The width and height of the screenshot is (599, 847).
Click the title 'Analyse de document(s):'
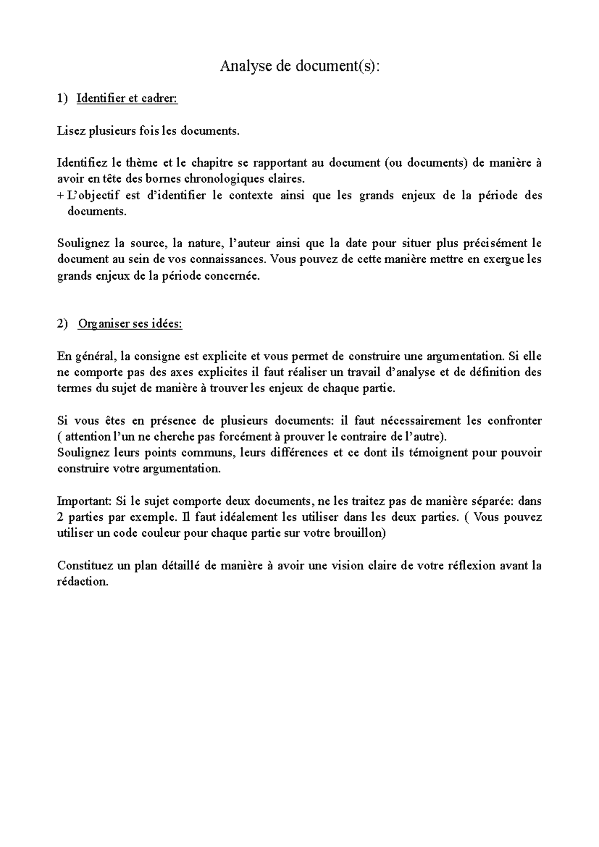pyautogui.click(x=299, y=66)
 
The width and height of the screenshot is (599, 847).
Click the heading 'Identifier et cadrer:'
pyautogui.click(x=127, y=98)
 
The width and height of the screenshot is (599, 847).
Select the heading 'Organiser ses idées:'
pyautogui.click(x=130, y=324)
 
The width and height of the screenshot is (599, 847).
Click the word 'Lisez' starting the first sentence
pyautogui.click(x=71, y=131)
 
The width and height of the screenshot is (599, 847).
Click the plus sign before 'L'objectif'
pyautogui.click(x=60, y=195)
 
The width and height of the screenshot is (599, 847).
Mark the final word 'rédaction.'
pyautogui.click(x=83, y=582)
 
